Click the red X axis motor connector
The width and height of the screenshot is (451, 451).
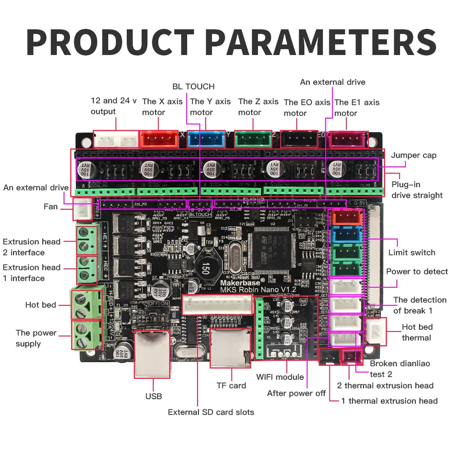[159, 138]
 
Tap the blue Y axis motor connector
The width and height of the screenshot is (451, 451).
[206, 138]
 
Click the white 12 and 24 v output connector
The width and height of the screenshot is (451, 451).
[116, 139]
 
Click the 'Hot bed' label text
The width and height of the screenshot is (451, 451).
[41, 305]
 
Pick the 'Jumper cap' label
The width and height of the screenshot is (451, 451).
[414, 155]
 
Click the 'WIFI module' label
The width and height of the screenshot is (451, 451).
[280, 377]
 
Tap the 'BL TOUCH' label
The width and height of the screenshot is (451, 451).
[193, 86]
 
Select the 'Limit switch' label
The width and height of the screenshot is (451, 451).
[412, 253]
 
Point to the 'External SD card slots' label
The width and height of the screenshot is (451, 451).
[211, 412]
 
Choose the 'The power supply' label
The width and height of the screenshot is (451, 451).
[36, 338]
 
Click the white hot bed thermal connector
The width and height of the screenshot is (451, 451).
[376, 332]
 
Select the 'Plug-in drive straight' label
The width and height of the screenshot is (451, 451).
[417, 190]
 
